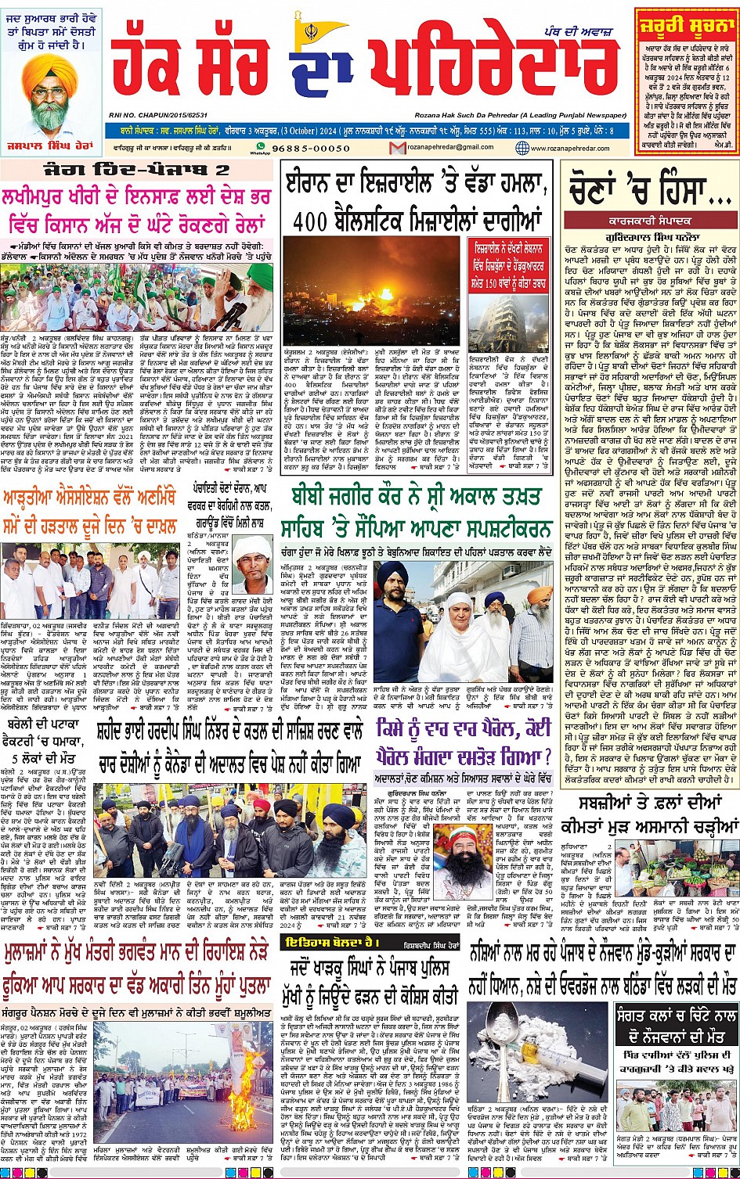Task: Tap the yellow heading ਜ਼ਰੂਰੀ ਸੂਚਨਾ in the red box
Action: [x=685, y=23]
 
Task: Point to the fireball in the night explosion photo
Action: [x=385, y=293]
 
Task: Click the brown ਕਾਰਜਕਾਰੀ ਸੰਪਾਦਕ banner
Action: [x=648, y=219]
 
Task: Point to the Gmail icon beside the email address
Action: [x=397, y=147]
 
